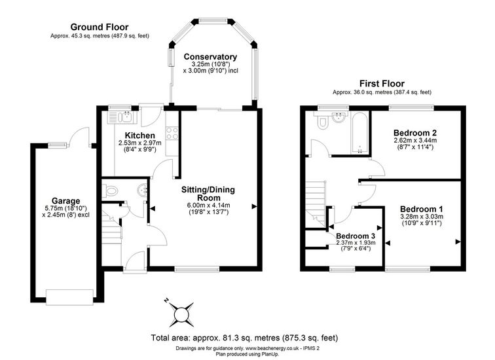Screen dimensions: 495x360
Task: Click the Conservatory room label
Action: pyautogui.click(x=210, y=57)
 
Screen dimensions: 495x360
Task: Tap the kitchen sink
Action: pyautogui.click(x=122, y=117)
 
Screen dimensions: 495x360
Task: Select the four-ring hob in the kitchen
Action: pyautogui.click(x=172, y=132)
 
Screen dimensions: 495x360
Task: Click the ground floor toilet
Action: pyautogui.click(x=109, y=190)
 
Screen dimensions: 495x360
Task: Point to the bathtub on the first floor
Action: pyautogui.click(x=359, y=134)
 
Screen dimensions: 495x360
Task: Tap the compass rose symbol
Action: pyautogui.click(x=181, y=314)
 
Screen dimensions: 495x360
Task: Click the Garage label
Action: pyautogui.click(x=66, y=201)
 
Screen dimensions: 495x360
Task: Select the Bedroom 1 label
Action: pyautogui.click(x=422, y=209)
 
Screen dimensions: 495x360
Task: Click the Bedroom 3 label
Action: pyautogui.click(x=356, y=236)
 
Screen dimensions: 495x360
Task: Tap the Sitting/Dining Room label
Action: pyautogui.click(x=208, y=194)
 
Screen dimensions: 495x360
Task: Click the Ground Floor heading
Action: pyautogui.click(x=100, y=27)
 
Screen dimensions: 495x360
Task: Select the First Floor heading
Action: pyautogui.click(x=382, y=84)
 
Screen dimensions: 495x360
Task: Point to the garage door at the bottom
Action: pyautogui.click(x=70, y=297)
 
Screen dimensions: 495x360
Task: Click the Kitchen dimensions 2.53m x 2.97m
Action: pyautogui.click(x=140, y=143)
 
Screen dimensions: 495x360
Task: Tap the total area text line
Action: pyautogui.click(x=245, y=338)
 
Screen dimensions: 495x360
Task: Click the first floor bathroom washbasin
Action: pyautogui.click(x=339, y=117)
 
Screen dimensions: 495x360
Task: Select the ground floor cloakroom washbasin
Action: pyautogui.click(x=143, y=190)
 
